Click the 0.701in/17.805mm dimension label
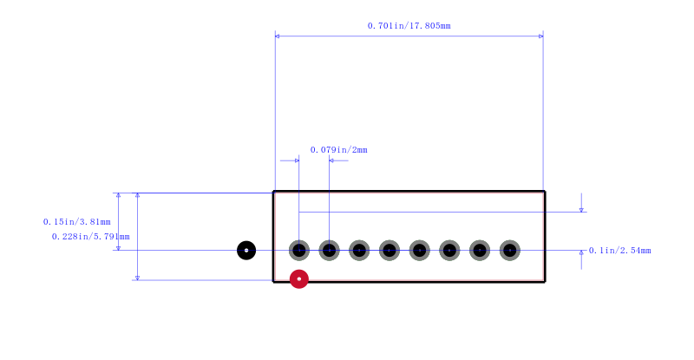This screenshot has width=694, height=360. click(x=409, y=26)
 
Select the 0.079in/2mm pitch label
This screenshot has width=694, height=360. click(x=338, y=150)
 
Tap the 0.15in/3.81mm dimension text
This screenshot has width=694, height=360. click(x=76, y=221)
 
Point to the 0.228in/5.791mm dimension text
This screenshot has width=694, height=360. click(x=91, y=237)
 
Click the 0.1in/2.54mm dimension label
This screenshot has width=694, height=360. click(x=619, y=251)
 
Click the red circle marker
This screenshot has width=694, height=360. click(x=299, y=279)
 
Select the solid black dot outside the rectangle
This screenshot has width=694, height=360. click(x=246, y=250)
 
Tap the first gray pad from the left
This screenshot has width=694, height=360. click(x=299, y=250)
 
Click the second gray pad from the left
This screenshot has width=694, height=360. click(x=330, y=250)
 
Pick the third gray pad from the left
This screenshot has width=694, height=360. click(x=359, y=250)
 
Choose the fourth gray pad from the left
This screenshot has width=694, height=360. click(x=390, y=250)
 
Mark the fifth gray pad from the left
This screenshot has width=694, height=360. click(x=420, y=250)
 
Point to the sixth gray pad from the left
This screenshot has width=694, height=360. click(x=449, y=250)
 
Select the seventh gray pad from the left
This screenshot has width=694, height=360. click(x=480, y=250)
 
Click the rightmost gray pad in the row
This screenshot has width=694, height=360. click(x=510, y=250)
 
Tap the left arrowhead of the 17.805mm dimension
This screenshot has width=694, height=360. click(x=277, y=36)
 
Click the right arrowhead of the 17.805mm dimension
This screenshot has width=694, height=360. click(x=540, y=36)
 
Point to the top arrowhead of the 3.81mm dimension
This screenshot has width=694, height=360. click(x=118, y=195)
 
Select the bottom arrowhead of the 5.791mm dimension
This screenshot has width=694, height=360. click(x=137, y=278)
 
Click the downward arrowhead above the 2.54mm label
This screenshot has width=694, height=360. click(x=581, y=210)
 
